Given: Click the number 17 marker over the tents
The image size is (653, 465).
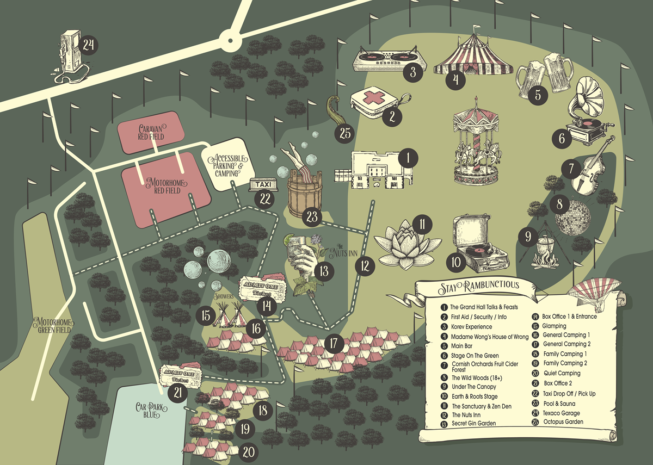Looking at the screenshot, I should click(334, 344).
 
